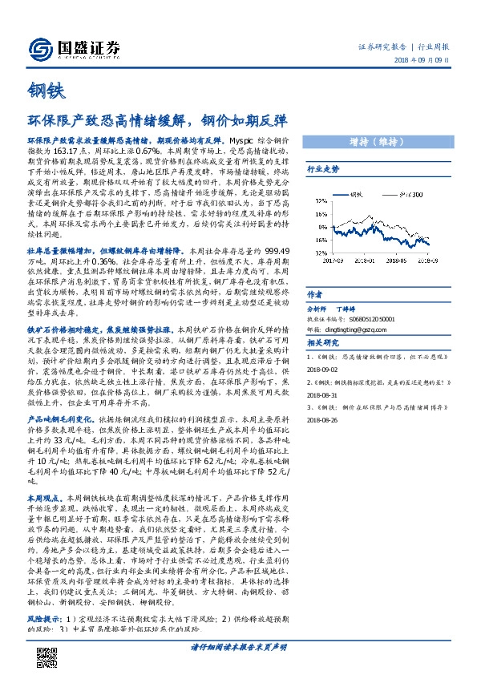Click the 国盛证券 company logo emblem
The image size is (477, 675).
tap(37, 46)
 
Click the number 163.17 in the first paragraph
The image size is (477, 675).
tap(62, 150)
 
